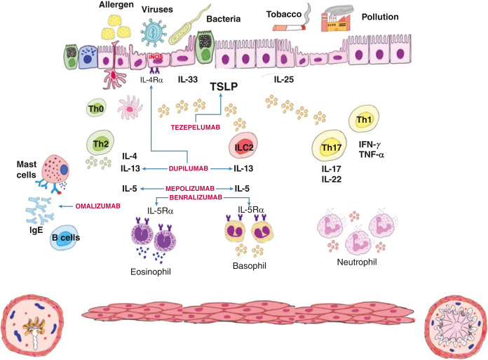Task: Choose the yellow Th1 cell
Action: (362, 120)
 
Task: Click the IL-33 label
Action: (189, 81)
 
